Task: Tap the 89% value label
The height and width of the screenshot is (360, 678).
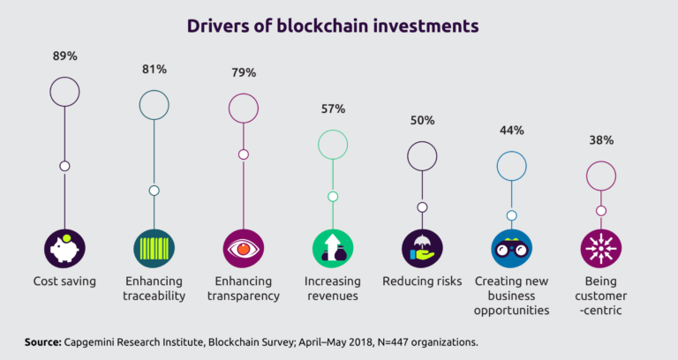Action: pyautogui.click(x=64, y=56)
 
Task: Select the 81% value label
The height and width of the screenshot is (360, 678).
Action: pyautogui.click(x=154, y=70)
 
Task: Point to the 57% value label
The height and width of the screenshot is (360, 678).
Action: pyautogui.click(x=333, y=109)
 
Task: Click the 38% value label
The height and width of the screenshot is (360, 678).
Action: pyautogui.click(x=601, y=140)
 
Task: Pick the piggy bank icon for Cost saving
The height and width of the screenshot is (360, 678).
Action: pyautogui.click(x=64, y=248)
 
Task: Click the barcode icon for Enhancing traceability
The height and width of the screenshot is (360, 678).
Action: pyautogui.click(x=154, y=248)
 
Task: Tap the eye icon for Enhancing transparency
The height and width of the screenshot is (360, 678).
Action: pyautogui.click(x=244, y=248)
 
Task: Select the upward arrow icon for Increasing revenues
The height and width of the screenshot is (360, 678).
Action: pyautogui.click(x=333, y=248)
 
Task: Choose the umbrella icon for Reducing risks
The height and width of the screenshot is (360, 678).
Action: pyautogui.click(x=422, y=248)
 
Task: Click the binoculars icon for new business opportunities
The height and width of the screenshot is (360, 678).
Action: pyautogui.click(x=511, y=248)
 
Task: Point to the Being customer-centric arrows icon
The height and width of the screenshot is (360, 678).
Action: pyautogui.click(x=601, y=248)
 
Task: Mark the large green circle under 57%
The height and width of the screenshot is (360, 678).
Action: pyautogui.click(x=333, y=145)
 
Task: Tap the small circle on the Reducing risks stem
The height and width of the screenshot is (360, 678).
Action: pyautogui.click(x=422, y=207)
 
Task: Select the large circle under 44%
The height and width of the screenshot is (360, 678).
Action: pyautogui.click(x=511, y=165)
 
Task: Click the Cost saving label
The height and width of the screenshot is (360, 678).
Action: pyautogui.click(x=64, y=281)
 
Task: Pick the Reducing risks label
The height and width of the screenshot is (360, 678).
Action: pyautogui.click(x=422, y=281)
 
